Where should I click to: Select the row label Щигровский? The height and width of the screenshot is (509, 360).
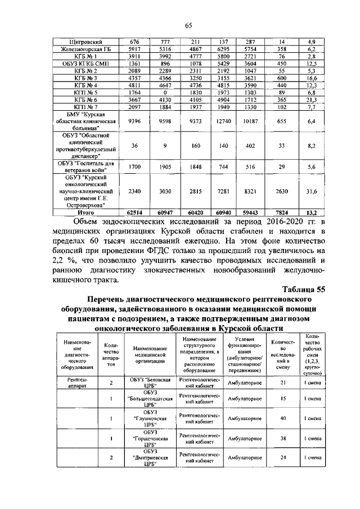[83, 42]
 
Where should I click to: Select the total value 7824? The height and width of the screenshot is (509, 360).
[282, 212]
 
